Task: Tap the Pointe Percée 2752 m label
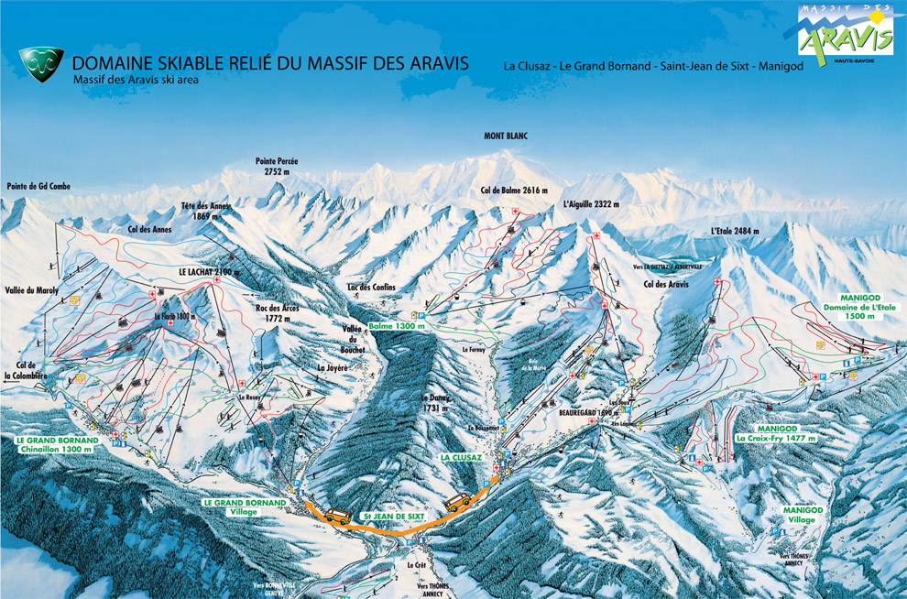[277, 167]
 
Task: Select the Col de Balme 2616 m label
[513, 191]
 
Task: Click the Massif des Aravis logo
[845, 34]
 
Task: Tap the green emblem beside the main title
[41, 65]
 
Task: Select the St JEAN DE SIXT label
[394, 517]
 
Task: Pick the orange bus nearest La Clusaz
[459, 500]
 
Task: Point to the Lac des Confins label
[371, 287]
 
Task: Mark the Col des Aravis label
[666, 285]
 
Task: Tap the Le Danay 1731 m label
[434, 404]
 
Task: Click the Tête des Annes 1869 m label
[206, 212]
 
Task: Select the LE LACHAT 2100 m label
[209, 272]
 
